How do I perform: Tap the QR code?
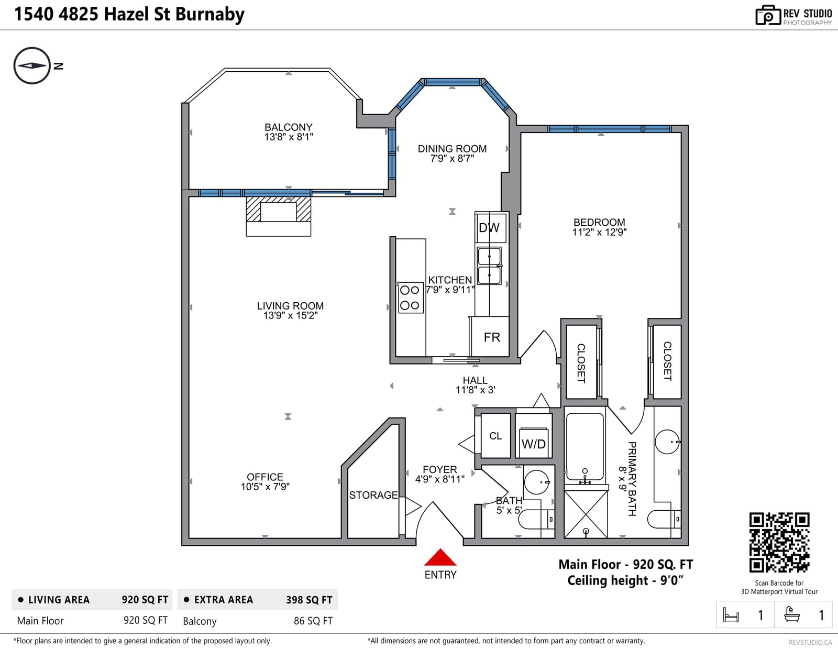tap(779, 542)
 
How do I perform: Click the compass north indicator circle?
tap(32, 65)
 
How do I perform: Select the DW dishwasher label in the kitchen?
tap(489, 227)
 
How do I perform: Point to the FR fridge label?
tap(492, 337)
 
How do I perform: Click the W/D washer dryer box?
tap(534, 443)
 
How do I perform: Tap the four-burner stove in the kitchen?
tap(411, 298)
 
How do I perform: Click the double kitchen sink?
tap(489, 266)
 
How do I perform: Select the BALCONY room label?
tap(289, 127)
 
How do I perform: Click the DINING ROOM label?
tap(452, 148)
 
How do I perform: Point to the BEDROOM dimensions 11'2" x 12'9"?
tap(599, 232)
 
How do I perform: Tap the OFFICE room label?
tap(265, 477)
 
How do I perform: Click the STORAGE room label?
tap(373, 495)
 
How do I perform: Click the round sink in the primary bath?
tap(667, 442)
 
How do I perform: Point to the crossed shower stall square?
tap(586, 514)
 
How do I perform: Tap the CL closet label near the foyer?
tap(495, 436)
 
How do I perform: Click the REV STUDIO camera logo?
tap(767, 15)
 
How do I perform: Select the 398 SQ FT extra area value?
tap(309, 600)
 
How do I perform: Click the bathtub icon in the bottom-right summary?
tap(792, 614)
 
